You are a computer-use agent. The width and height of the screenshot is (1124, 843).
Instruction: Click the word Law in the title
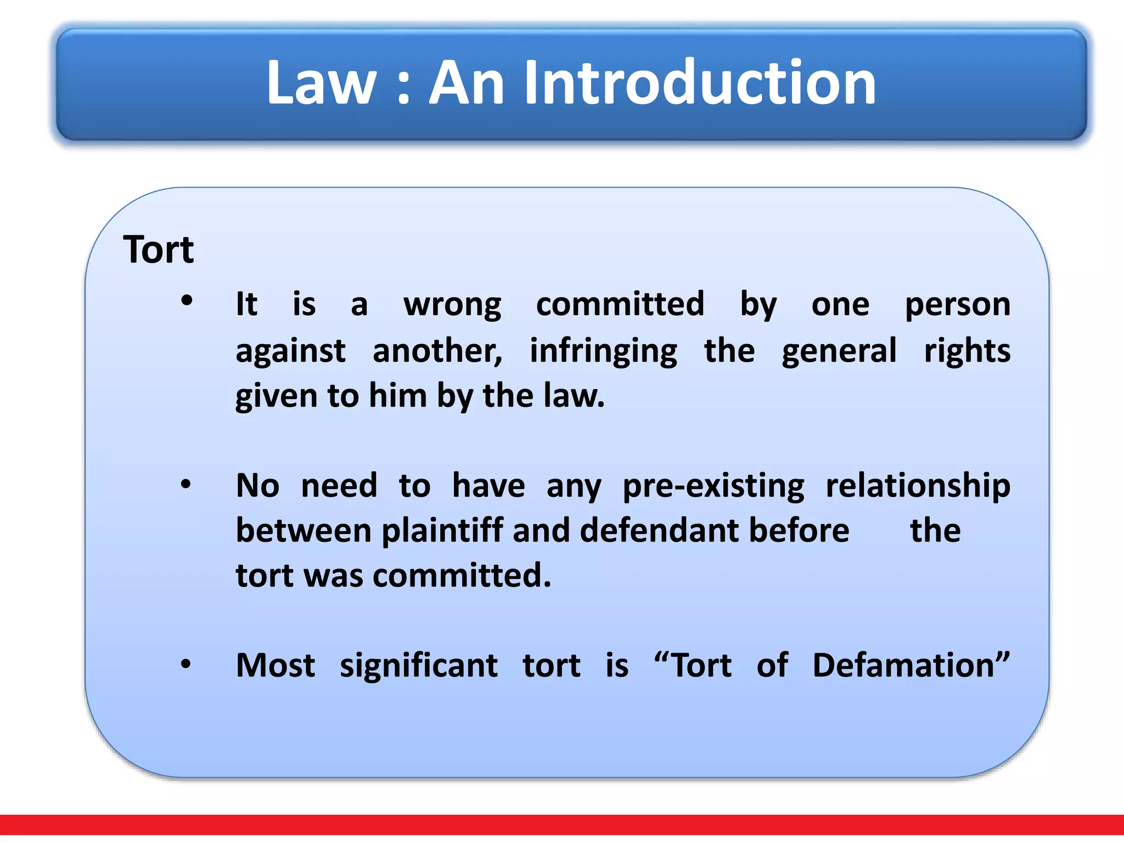[321, 83]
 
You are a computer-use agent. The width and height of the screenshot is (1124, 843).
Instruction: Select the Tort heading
[159, 250]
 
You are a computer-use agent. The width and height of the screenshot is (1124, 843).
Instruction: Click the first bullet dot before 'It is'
[187, 300]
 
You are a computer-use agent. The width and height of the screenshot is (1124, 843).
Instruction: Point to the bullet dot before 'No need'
[186, 484]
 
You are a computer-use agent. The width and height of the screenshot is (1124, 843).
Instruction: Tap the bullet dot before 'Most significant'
[186, 664]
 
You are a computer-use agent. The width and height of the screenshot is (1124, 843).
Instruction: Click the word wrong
[452, 305]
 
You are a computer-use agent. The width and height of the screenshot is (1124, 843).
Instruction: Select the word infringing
[603, 352]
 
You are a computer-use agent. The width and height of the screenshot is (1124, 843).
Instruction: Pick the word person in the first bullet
[957, 305]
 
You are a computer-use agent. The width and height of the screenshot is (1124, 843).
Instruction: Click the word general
[839, 351]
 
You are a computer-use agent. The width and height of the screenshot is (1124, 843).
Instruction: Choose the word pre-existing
[713, 487]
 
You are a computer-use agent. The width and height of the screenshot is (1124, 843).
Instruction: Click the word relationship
[918, 487]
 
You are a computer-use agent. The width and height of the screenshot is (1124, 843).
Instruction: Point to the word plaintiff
[442, 531]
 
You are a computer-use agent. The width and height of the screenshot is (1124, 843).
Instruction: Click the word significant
[419, 667]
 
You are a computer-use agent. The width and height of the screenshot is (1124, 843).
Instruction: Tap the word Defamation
[911, 666]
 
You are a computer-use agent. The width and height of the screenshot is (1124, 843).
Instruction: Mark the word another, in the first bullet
[437, 351]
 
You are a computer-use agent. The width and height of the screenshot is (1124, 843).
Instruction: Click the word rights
[967, 352]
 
